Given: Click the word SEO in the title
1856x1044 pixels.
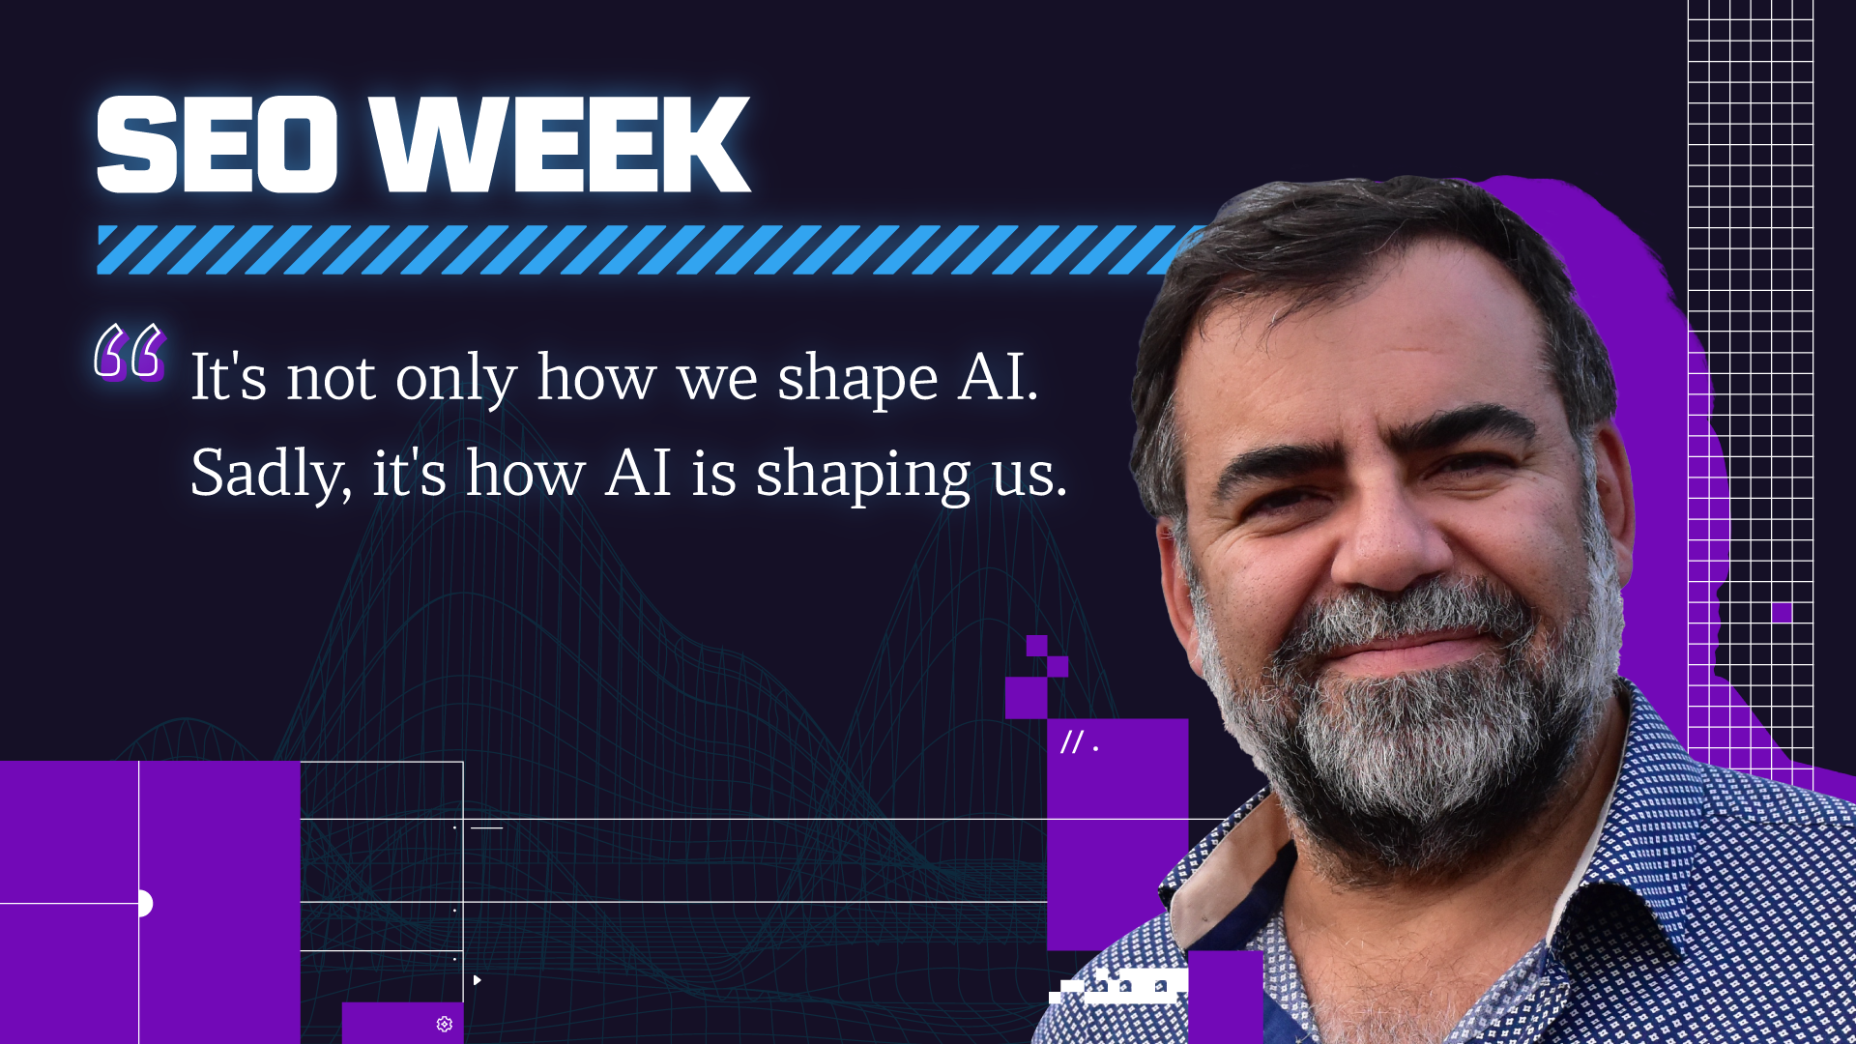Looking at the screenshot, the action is [x=217, y=144].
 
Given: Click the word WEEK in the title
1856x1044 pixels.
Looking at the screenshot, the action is [x=561, y=144].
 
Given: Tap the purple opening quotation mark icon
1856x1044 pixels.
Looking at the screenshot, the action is [x=130, y=352].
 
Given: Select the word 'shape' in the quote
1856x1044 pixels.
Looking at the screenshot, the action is [x=857, y=380].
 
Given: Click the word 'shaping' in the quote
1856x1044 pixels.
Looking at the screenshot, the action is [x=863, y=477].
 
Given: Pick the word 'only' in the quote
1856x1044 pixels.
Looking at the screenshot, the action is [x=456, y=379].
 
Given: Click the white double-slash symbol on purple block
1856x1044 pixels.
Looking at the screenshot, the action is [x=1072, y=742].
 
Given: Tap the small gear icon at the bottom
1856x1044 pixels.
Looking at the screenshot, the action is [x=445, y=1024].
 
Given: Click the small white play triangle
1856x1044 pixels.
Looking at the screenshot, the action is [x=477, y=980].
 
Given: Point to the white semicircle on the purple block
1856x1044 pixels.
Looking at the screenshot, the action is [x=146, y=903].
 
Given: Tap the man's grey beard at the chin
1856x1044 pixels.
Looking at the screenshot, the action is [x=1421, y=764].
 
